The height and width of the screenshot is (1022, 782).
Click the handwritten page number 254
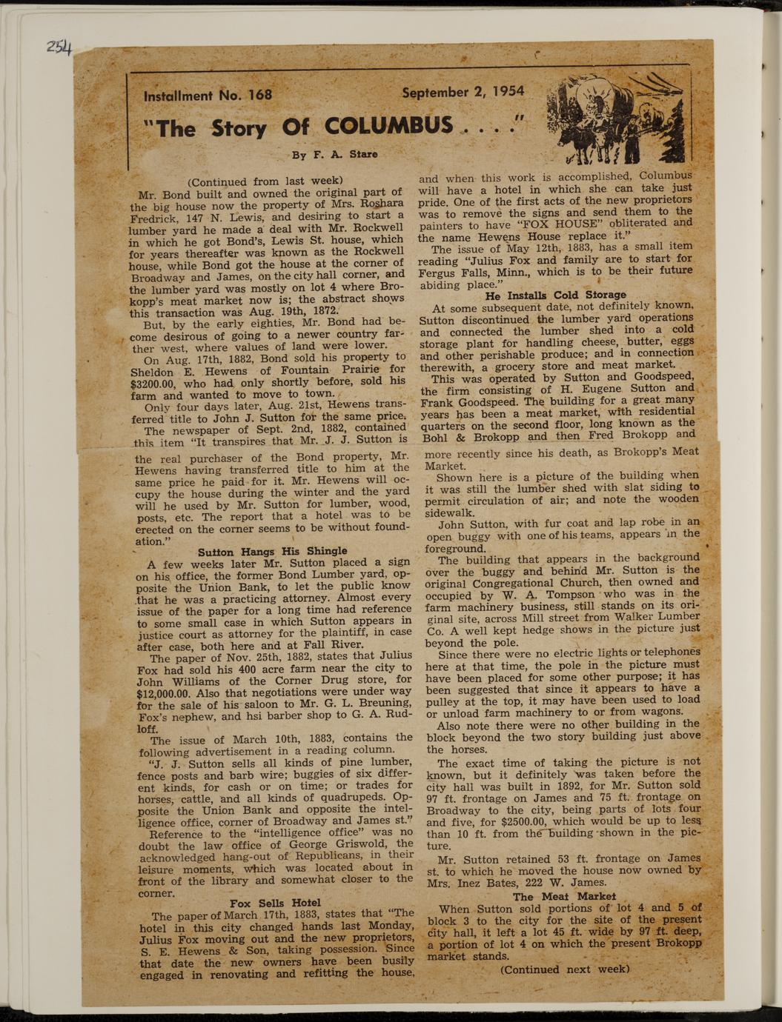59,48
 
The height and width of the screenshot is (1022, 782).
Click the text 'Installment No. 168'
208,96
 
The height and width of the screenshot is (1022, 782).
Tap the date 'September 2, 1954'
463,92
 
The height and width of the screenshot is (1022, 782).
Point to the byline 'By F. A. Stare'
334,155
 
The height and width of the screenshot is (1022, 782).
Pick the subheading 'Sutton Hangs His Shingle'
272,551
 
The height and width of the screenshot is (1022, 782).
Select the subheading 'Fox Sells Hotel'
275,903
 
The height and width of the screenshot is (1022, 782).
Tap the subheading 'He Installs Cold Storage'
555,295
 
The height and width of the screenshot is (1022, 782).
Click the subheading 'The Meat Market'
563,896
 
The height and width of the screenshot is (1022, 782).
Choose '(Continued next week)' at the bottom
565,969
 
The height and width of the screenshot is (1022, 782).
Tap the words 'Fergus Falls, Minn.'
469,272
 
